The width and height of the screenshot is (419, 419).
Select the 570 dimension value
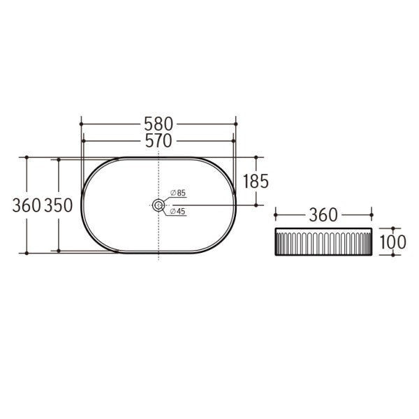pyautogui.click(x=159, y=141)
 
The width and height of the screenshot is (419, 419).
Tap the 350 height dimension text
pyautogui.click(x=60, y=205)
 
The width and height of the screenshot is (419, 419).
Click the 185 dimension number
pyautogui.click(x=256, y=182)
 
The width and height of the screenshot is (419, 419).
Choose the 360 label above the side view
pyautogui.click(x=323, y=214)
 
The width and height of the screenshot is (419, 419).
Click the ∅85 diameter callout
pyautogui.click(x=178, y=193)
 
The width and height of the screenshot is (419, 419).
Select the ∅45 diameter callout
pyautogui.click(x=178, y=212)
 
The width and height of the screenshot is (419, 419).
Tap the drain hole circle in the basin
pyautogui.click(x=159, y=205)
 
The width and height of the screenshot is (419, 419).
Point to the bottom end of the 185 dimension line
pyautogui.click(x=256, y=205)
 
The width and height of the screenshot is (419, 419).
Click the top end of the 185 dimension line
pyautogui.click(x=256, y=157)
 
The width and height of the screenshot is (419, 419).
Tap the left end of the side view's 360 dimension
pyautogui.click(x=276, y=214)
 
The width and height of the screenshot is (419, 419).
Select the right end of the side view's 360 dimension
pyautogui.click(x=371, y=214)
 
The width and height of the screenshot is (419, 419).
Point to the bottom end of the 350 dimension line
pyautogui.click(x=59, y=251)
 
